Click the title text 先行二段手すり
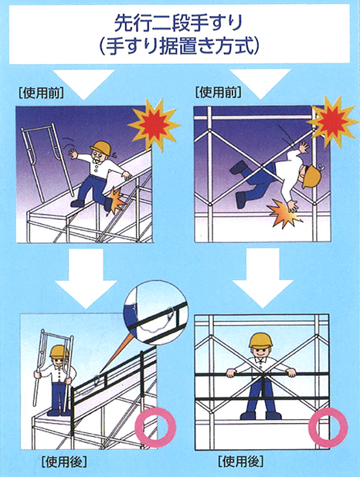(x=178, y=23)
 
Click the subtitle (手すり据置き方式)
(x=179, y=46)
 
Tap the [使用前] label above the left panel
(x=41, y=93)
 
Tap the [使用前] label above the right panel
(x=219, y=92)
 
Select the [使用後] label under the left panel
(x=65, y=462)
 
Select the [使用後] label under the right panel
(x=241, y=462)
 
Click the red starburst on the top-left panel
(x=155, y=125)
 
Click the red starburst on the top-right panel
(x=332, y=121)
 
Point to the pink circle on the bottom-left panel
(x=155, y=427)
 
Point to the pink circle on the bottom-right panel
(x=328, y=427)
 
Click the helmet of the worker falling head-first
(x=312, y=176)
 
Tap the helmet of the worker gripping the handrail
(x=260, y=340)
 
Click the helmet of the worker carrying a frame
(x=59, y=352)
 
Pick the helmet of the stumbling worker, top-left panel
(x=100, y=148)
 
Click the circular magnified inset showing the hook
(x=155, y=313)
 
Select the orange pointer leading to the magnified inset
(x=116, y=355)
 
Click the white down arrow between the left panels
(x=86, y=279)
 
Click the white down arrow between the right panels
(x=263, y=278)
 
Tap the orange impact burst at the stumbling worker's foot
(x=116, y=200)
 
